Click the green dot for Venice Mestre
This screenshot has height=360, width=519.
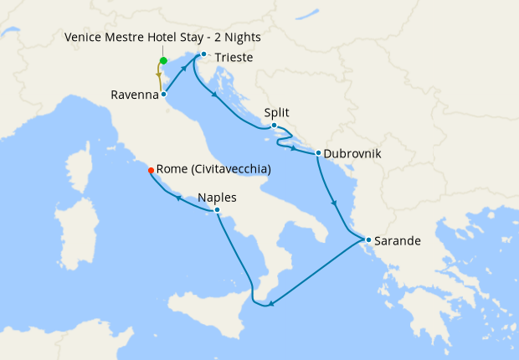163,60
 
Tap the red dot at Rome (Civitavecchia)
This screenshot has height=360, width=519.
151,170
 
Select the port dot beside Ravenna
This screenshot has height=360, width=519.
163,95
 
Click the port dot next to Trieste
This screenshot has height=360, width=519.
203,55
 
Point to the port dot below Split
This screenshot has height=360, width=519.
274,126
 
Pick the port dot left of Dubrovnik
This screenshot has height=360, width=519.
318,152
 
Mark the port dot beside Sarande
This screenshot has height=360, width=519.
368,239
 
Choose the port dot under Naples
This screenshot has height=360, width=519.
217,209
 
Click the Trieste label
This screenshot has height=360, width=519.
234,58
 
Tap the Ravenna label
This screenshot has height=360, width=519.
134,95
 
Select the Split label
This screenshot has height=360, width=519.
277,111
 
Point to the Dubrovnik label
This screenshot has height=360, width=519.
352,154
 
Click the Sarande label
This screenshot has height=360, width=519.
398,241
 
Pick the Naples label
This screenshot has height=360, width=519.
217,198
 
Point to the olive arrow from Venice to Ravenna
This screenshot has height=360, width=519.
158,76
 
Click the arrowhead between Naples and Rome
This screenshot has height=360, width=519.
178,198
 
